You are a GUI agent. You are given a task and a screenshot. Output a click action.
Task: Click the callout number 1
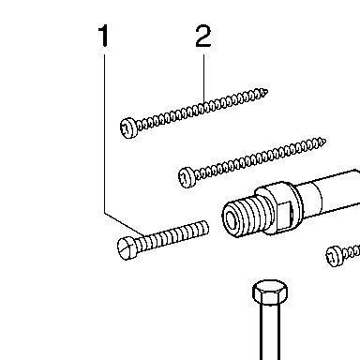(x=104, y=36)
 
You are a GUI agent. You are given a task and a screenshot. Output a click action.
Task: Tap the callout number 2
(x=203, y=36)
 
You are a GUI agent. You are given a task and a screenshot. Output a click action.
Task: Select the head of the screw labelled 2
(x=128, y=128)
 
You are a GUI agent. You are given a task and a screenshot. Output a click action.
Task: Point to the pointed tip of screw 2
(x=266, y=92)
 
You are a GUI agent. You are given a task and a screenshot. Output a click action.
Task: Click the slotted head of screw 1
(x=127, y=248)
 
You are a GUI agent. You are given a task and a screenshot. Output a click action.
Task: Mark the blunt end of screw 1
(x=206, y=227)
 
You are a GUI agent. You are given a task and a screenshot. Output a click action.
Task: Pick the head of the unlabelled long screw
(x=187, y=177)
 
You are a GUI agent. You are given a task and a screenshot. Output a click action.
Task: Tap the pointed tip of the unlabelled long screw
(x=323, y=142)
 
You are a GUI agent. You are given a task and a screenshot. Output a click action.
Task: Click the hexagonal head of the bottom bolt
(x=270, y=292)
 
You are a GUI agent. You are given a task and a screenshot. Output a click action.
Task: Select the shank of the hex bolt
(x=270, y=332)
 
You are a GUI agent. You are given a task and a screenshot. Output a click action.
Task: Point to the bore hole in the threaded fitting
(x=232, y=219)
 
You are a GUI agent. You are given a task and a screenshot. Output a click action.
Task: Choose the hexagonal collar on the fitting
(x=278, y=208)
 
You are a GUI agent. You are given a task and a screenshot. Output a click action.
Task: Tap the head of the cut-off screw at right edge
(x=335, y=257)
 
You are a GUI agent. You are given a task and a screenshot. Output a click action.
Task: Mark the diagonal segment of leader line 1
(x=125, y=224)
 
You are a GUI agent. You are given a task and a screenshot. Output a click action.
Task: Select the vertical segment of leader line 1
(x=104, y=134)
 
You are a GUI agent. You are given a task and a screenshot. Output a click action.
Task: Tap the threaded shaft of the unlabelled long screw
(x=260, y=158)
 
